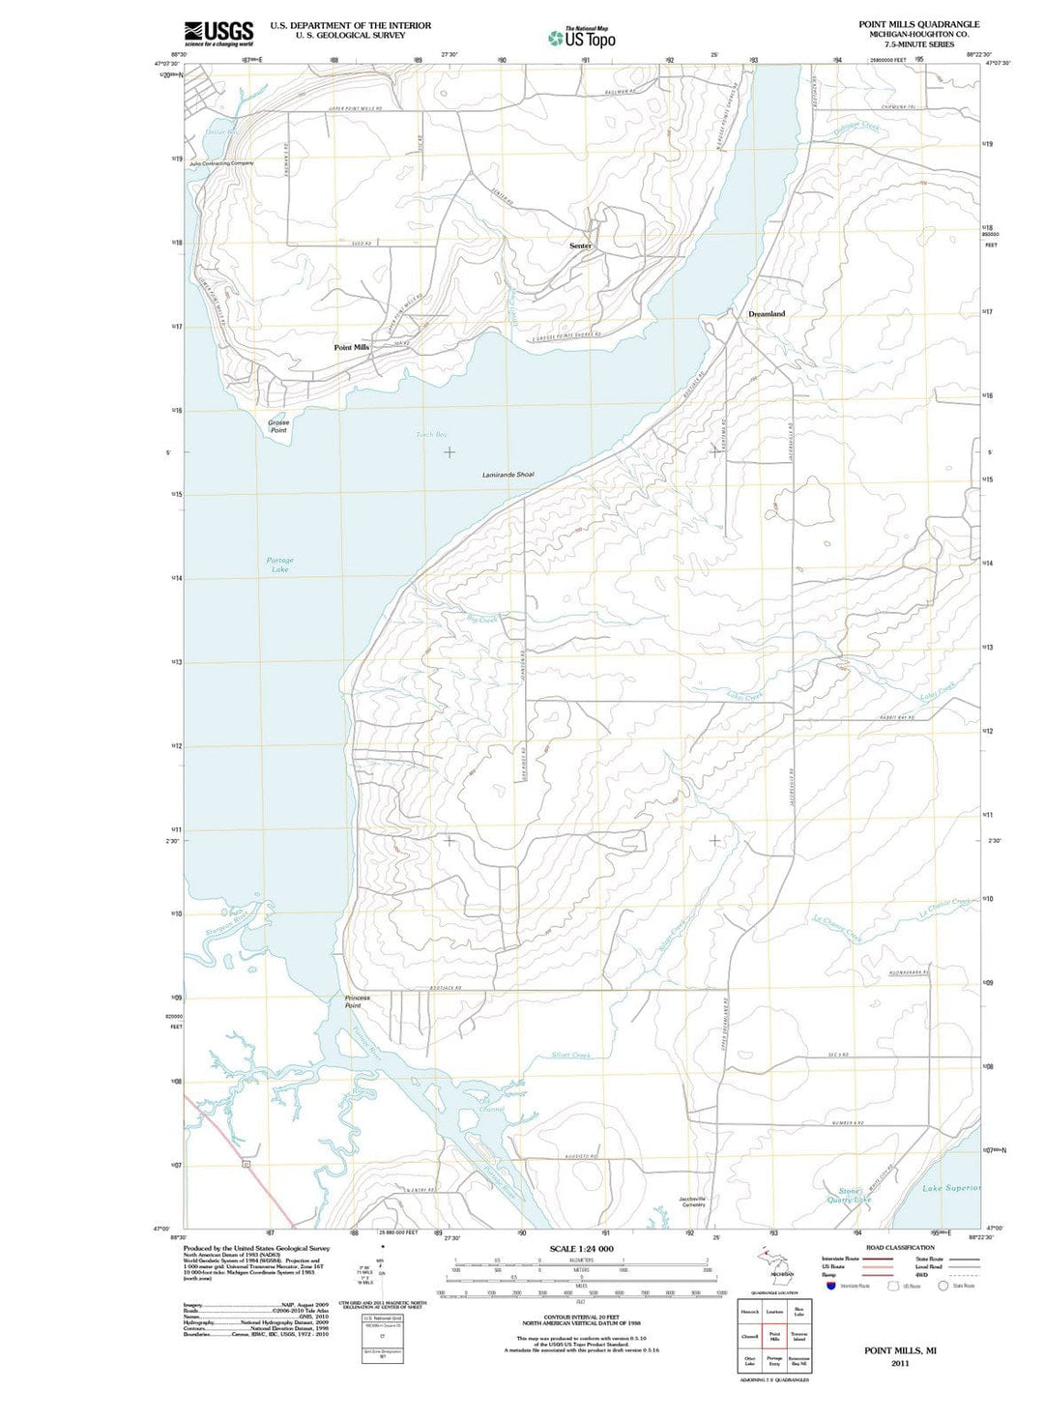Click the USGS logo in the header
click(218, 33)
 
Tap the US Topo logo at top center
click(582, 38)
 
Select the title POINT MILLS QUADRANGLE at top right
click(918, 24)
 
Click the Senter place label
click(580, 246)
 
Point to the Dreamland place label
click(767, 314)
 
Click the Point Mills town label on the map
click(352, 347)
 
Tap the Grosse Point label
click(278, 426)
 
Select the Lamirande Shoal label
click(507, 475)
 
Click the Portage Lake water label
click(280, 565)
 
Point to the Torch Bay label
click(431, 435)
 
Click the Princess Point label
click(357, 1001)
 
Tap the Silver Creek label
click(570, 1055)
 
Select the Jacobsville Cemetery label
click(693, 1202)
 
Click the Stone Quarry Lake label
click(849, 1196)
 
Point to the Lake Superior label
click(951, 1188)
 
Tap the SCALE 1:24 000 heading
click(581, 1249)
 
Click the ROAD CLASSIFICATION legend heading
click(900, 1248)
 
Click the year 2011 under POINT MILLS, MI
click(900, 1363)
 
